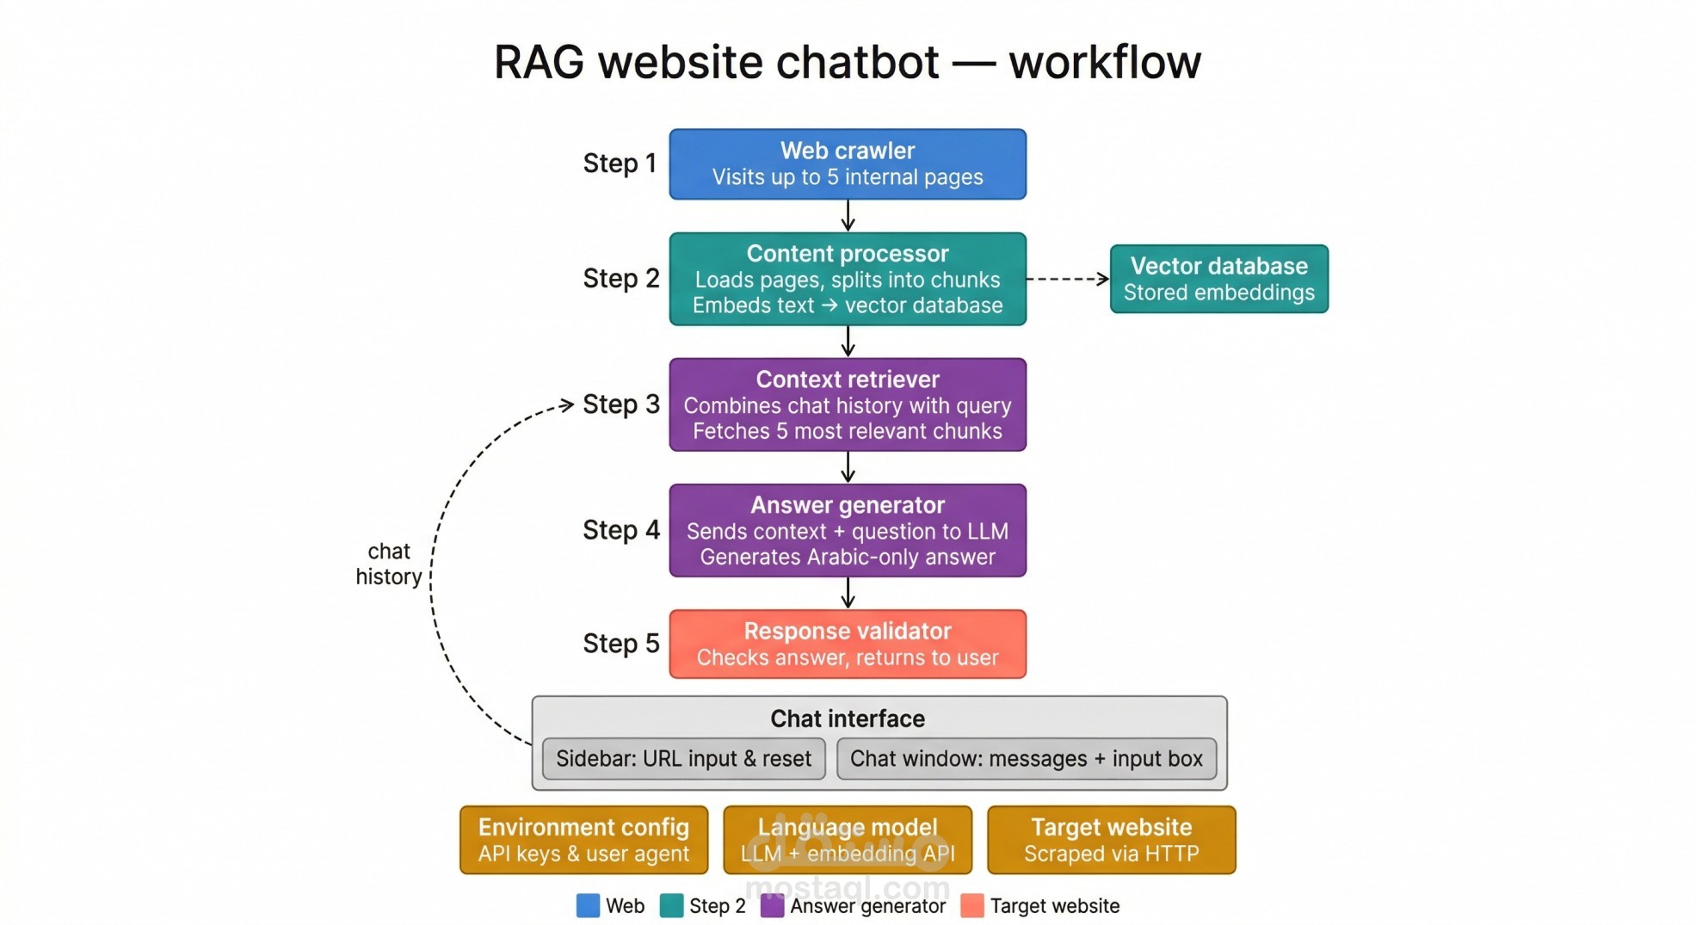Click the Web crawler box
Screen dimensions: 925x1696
[x=847, y=163]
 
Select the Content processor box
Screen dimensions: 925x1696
[x=847, y=279]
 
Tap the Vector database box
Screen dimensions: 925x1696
[x=1218, y=279]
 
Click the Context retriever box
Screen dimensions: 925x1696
[x=847, y=404]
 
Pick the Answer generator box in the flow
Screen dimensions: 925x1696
[x=847, y=530]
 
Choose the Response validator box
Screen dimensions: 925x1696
[x=847, y=644]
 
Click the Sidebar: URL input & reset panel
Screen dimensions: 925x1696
[x=683, y=758]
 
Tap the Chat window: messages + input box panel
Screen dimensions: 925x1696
[x=1026, y=758]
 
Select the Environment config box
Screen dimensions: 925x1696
[x=583, y=839]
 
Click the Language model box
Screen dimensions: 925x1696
[x=847, y=839]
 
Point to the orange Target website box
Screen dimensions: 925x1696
[x=1110, y=839]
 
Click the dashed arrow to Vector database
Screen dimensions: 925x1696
[x=1067, y=279]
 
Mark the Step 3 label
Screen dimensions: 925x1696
[x=620, y=404]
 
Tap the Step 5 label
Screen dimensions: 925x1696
[x=620, y=644]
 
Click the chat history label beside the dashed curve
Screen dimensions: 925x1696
[x=389, y=564]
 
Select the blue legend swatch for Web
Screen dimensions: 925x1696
[x=588, y=905]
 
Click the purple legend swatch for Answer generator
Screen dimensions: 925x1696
[x=772, y=905]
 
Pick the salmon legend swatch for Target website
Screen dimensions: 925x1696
[x=971, y=905]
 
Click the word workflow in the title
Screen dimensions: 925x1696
[x=1104, y=62]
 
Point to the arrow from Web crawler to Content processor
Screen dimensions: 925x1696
[x=848, y=215]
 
